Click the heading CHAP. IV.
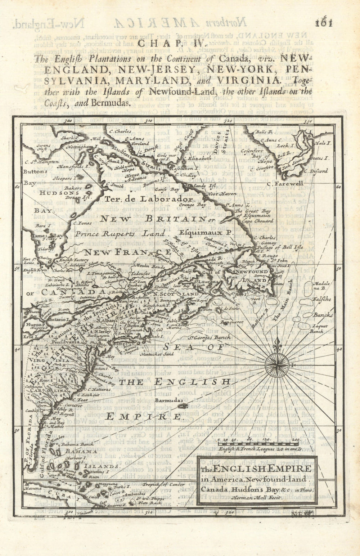pyautogui.click(x=168, y=45)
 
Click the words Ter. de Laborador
pyautogui.click(x=149, y=199)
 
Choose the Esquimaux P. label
pyautogui.click(x=206, y=233)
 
